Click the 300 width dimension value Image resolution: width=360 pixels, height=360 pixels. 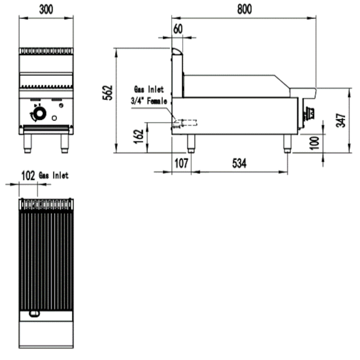(x=46, y=9)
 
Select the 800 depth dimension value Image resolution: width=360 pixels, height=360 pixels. (x=244, y=9)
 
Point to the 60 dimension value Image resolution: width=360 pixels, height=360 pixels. (x=178, y=29)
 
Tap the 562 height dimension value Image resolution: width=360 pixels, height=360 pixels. (x=108, y=93)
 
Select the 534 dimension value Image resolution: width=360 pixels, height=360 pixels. (x=239, y=164)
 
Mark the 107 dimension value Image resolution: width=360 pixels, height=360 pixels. (x=181, y=164)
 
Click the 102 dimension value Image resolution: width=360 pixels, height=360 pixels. (x=28, y=176)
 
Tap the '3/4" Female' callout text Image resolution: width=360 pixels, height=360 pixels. (x=149, y=101)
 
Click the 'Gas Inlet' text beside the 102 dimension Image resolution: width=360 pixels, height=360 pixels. (x=54, y=176)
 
